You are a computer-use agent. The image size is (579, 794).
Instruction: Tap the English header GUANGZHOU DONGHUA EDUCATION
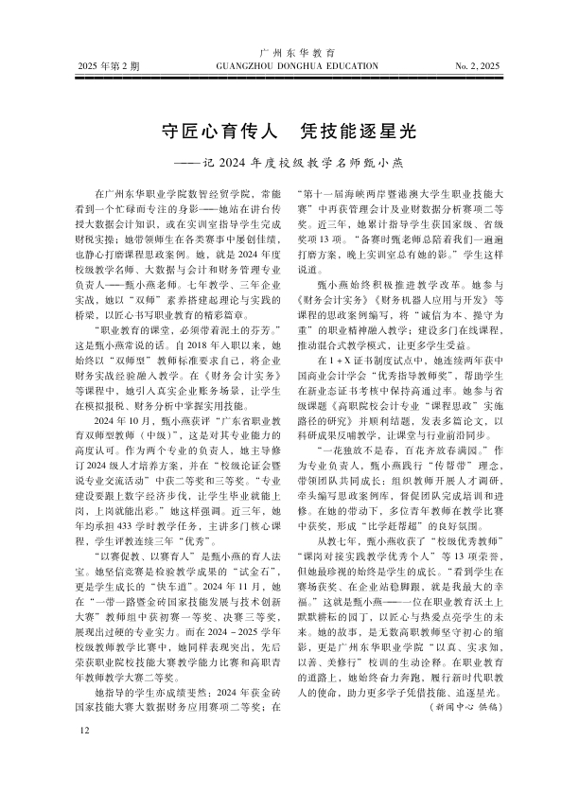[289, 67]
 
